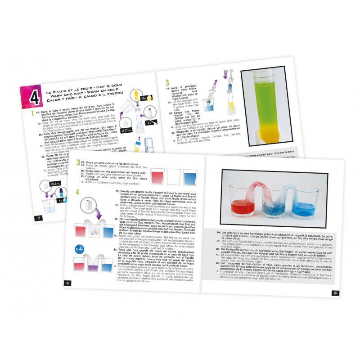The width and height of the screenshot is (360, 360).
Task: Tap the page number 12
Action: point(39,218)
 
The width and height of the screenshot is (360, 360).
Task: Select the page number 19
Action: point(335,293)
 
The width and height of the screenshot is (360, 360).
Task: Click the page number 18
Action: point(67,283)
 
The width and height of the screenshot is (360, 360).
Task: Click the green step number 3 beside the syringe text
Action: point(167,82)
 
